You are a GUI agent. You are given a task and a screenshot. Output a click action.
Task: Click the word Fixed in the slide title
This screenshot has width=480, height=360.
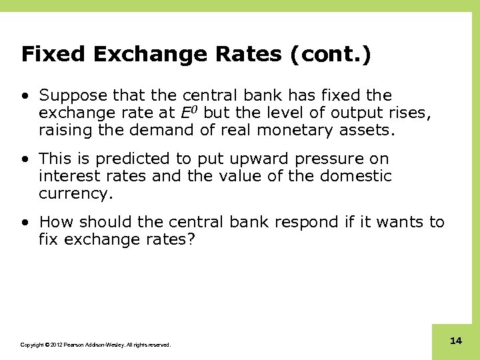click(51, 54)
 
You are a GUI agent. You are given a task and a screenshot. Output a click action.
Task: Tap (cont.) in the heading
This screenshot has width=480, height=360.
click(330, 54)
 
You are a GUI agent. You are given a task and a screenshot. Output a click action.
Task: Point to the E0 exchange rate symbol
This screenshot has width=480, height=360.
click(191, 113)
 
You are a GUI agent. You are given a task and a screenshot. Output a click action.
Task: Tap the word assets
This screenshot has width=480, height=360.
click(371, 131)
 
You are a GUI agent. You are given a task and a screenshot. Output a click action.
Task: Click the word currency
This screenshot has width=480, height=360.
click(75, 194)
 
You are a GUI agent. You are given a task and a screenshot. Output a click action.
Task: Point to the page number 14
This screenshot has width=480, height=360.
click(456, 341)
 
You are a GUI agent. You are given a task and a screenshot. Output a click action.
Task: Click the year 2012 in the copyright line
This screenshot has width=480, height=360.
click(53, 345)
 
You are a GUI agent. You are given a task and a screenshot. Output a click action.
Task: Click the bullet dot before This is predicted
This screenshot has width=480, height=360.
click(25, 159)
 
